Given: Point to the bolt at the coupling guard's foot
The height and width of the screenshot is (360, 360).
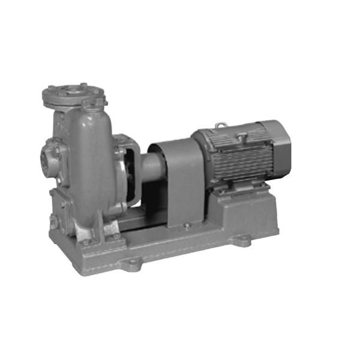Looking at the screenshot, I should coord(187,226).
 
